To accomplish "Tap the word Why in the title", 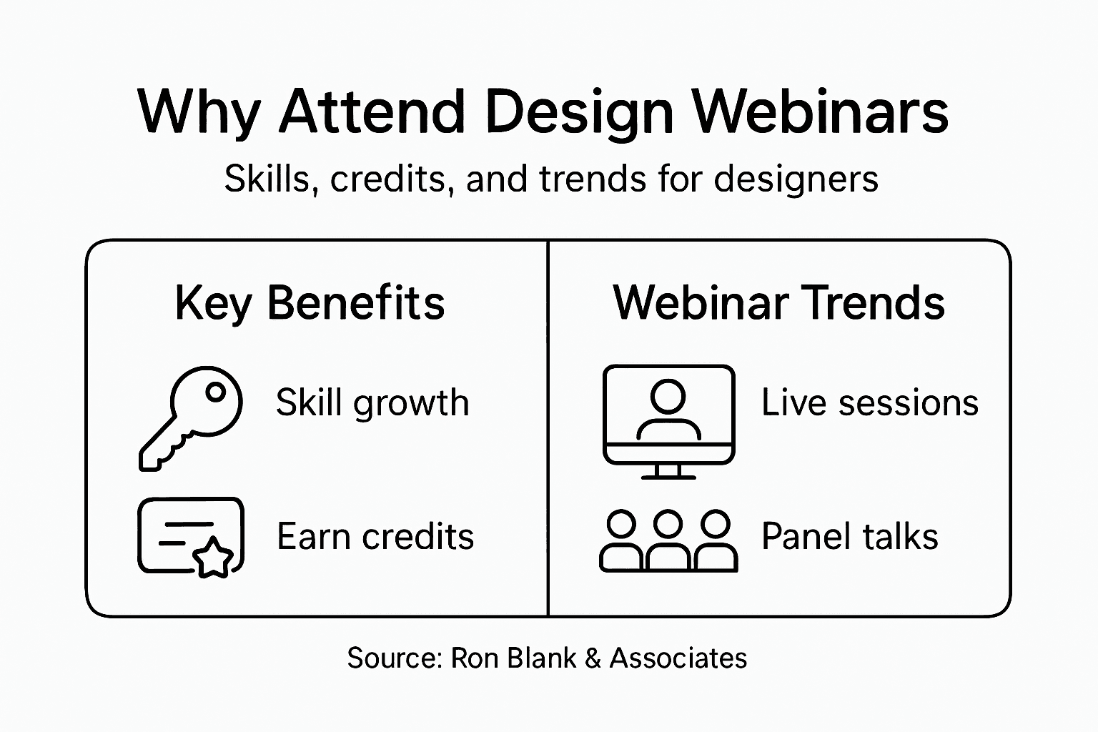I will [198, 112].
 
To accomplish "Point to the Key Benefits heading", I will [310, 303].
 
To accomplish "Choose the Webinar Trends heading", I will [778, 303].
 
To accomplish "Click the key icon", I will [190, 417].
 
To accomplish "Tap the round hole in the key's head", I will [214, 392].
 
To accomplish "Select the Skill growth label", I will [372, 402].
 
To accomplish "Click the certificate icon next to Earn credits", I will [190, 536].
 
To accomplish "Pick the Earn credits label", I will [375, 537].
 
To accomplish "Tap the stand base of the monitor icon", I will [668, 475].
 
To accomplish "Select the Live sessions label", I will [869, 402].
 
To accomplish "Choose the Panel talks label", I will [849, 537].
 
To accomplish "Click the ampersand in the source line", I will [593, 658].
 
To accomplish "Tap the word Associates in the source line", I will [678, 658].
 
